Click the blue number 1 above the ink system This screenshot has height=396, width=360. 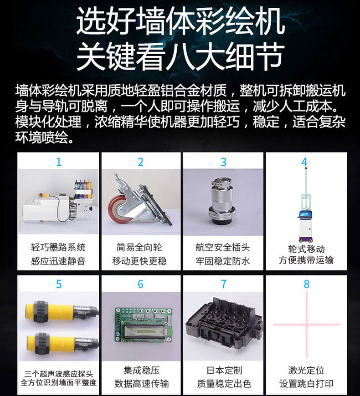[59, 162]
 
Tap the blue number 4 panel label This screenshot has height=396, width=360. [305, 162]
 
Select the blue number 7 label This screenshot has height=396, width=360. [223, 284]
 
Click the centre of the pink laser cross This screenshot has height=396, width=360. [307, 324]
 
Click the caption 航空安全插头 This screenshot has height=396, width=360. [223, 248]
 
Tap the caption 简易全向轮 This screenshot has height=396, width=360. [139, 247]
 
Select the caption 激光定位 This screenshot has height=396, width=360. [306, 371]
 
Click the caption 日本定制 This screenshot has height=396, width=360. [224, 371]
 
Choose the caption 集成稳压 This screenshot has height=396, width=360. [142, 371]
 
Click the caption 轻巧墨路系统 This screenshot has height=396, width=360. [58, 247]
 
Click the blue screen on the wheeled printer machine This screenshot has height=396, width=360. [305, 214]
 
